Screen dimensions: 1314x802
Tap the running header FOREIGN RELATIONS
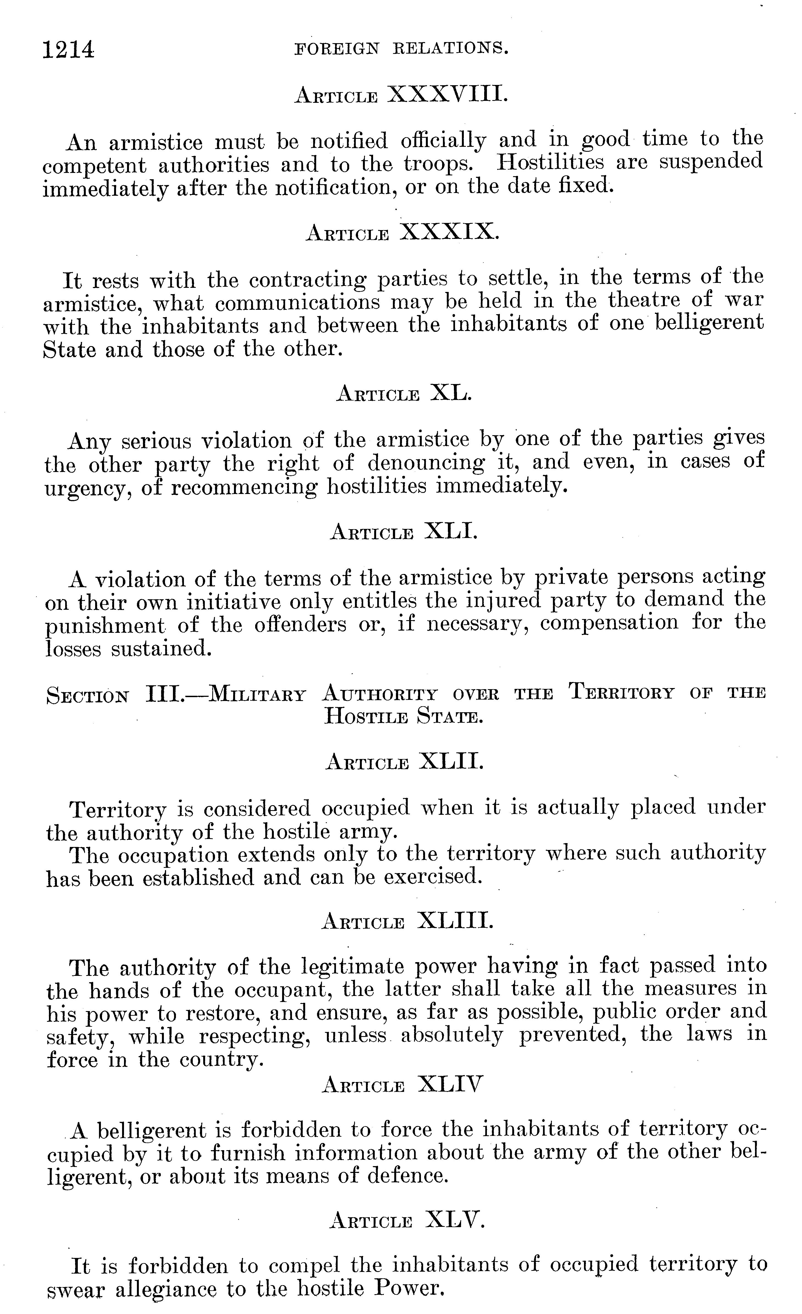[x=401, y=49]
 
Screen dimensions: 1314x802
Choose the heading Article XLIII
[x=408, y=920]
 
